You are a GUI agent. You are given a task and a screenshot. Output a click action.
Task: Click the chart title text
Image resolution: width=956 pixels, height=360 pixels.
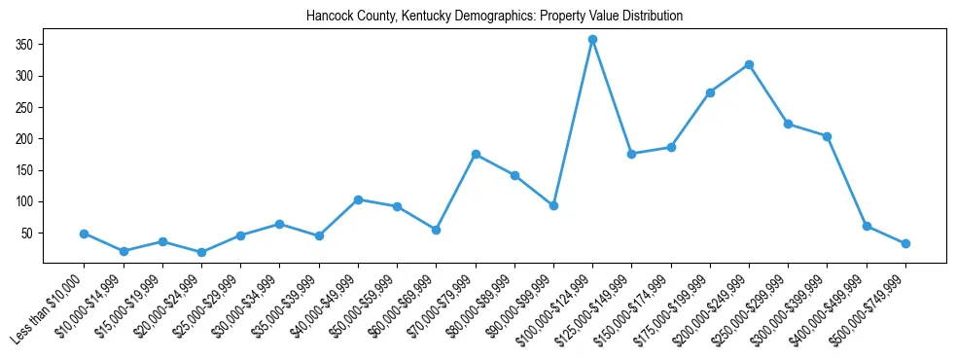(x=494, y=17)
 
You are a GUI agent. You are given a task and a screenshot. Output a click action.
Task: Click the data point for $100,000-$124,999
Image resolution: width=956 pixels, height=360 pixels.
(x=592, y=40)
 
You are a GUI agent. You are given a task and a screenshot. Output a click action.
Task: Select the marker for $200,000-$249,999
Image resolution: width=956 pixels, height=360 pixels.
(x=749, y=65)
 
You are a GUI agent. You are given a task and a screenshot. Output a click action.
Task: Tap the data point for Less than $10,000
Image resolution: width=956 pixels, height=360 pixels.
(x=85, y=234)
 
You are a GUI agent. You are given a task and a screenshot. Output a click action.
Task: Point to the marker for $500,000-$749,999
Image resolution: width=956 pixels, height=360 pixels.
(x=905, y=243)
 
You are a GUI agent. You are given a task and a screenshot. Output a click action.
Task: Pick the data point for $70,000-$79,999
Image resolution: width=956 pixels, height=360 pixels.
(x=476, y=154)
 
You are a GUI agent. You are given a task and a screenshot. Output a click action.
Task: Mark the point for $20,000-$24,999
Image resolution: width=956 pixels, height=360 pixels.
(x=201, y=252)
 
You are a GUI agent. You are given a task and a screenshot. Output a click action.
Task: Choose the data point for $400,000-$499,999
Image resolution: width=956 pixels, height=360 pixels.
(x=867, y=226)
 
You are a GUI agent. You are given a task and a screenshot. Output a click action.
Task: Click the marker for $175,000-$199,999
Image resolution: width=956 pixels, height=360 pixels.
(x=710, y=92)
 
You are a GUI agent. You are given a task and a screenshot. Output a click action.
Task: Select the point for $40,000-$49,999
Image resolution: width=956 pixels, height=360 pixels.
(x=358, y=199)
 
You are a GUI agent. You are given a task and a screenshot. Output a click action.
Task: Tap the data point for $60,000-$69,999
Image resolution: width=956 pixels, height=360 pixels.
(x=436, y=230)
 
